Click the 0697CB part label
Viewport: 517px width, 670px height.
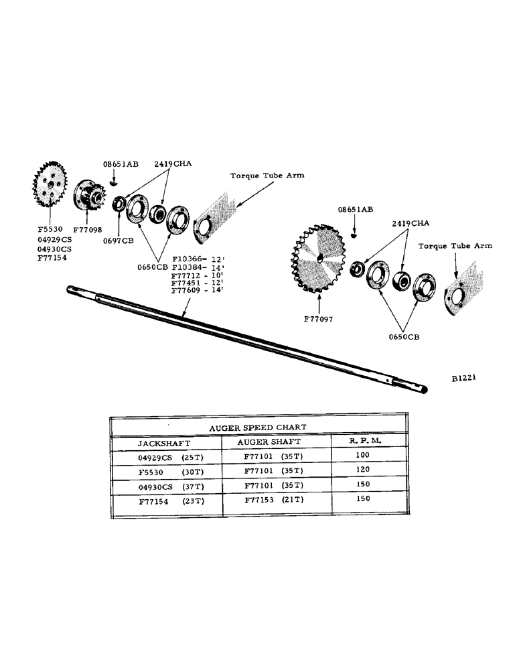tap(119, 241)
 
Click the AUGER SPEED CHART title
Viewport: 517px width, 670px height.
tap(258, 426)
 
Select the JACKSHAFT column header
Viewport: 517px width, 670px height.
tap(164, 443)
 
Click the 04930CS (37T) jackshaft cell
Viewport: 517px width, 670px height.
tap(171, 485)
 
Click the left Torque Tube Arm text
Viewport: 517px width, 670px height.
tap(267, 176)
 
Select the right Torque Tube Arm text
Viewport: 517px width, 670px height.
tap(455, 246)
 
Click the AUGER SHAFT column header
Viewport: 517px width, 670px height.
tap(270, 442)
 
